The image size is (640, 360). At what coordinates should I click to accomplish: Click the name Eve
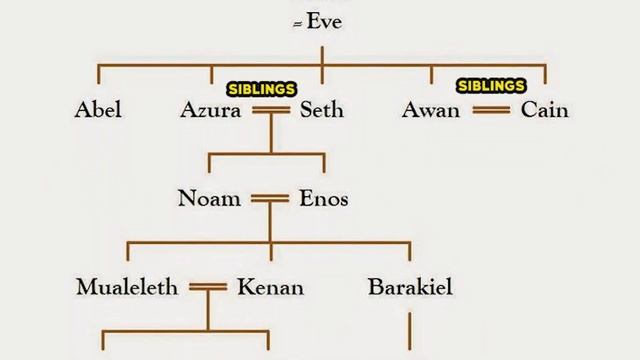tap(324, 21)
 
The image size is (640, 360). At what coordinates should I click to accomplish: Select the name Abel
tap(98, 110)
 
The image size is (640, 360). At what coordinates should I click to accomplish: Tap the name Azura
tap(211, 110)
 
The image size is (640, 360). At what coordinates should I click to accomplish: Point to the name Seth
tap(322, 110)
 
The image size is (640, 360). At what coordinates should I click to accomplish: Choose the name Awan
tap(431, 110)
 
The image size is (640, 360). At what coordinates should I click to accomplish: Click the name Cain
tap(544, 110)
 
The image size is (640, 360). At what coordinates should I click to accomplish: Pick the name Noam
tap(209, 198)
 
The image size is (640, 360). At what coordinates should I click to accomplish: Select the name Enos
tap(324, 198)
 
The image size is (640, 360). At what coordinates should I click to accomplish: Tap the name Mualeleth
tap(127, 287)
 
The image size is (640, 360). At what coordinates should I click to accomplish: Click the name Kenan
tap(271, 287)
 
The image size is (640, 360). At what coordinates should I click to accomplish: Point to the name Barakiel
tap(410, 287)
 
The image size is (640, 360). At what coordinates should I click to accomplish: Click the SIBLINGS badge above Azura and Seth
tap(262, 89)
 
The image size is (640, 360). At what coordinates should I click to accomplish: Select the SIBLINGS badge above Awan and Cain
tap(491, 86)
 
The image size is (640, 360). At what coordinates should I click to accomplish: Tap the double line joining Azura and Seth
tap(271, 110)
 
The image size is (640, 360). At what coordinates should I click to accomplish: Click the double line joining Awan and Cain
tap(491, 110)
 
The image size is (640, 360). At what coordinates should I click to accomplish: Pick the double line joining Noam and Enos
tap(270, 199)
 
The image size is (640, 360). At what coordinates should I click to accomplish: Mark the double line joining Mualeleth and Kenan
tap(208, 287)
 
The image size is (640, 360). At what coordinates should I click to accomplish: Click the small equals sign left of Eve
tap(298, 25)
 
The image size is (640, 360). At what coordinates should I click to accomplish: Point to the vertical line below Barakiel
tap(410, 331)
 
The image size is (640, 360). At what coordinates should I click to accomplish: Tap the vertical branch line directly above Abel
tap(98, 74)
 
